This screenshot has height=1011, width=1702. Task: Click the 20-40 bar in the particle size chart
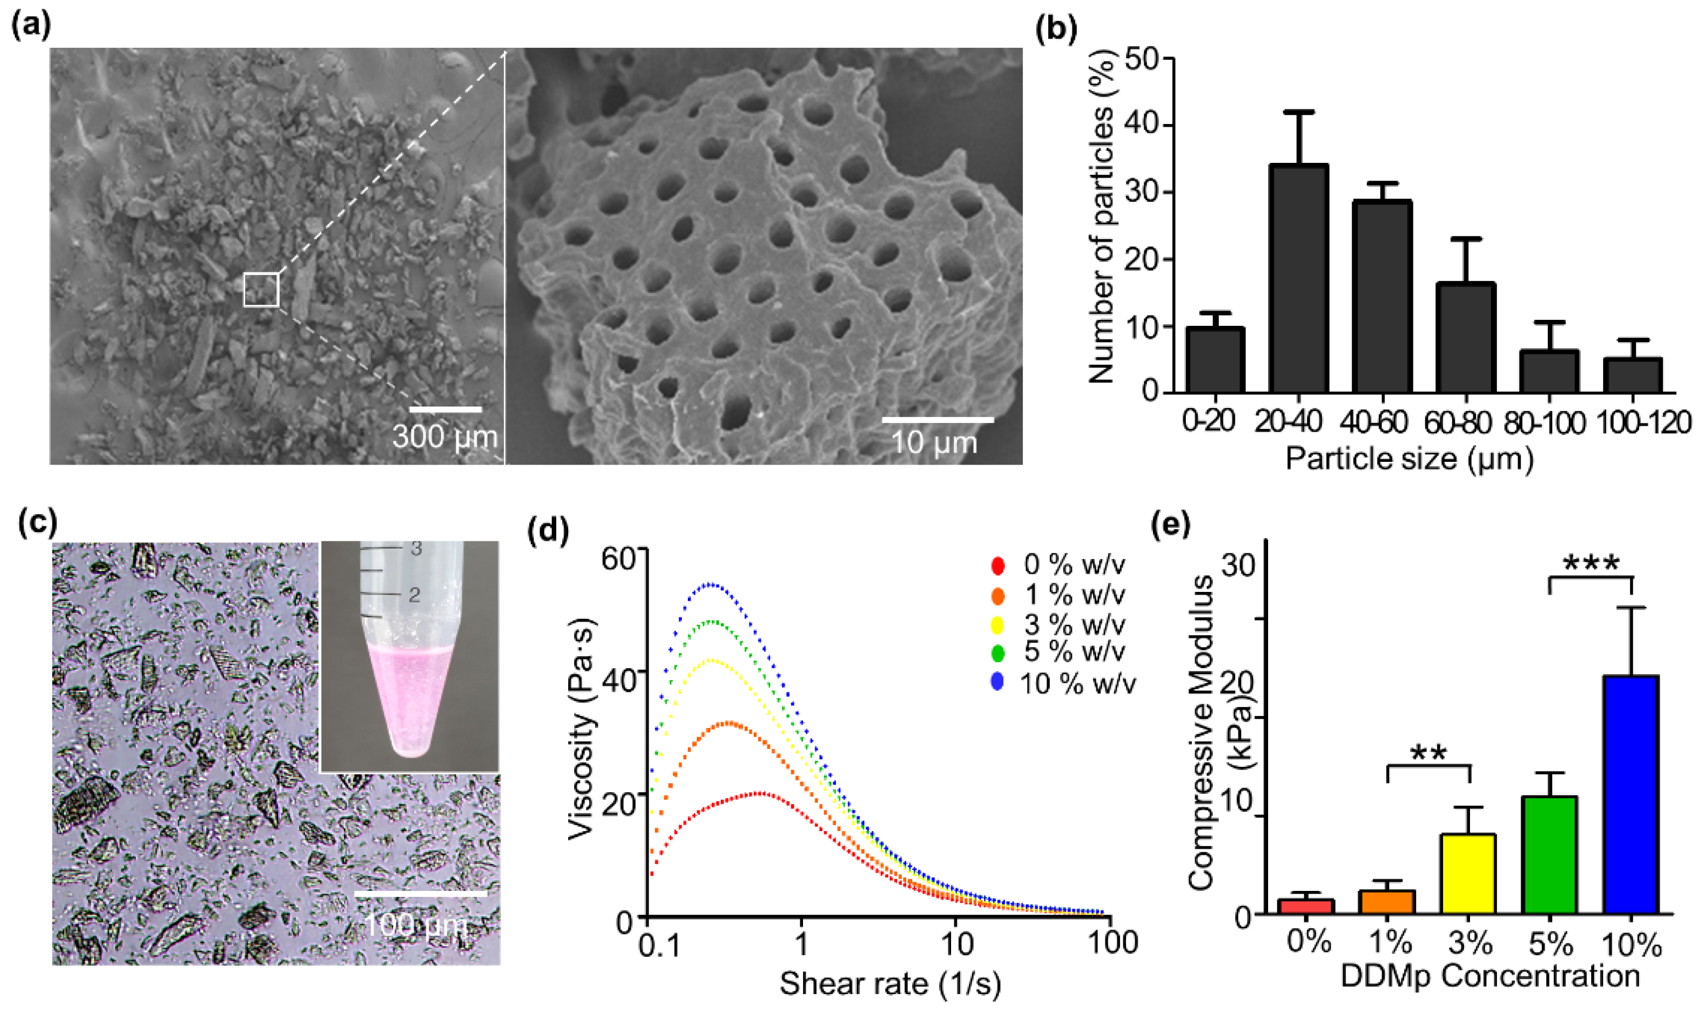click(x=1299, y=278)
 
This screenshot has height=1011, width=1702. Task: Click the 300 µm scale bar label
click(x=445, y=437)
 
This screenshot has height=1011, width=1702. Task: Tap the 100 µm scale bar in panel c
click(x=420, y=892)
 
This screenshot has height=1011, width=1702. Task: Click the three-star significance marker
click(x=1591, y=564)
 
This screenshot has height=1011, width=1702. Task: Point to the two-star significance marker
click(x=1429, y=754)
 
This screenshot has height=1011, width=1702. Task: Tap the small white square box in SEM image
click(x=262, y=290)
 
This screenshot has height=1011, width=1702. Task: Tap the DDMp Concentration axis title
click(x=1490, y=975)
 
